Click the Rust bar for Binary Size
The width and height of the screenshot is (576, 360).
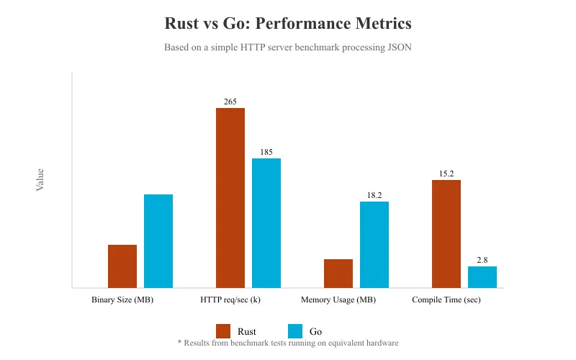[x=122, y=266]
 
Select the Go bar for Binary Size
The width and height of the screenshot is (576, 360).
[x=158, y=241]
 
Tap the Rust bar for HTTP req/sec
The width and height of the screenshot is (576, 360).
[x=230, y=198]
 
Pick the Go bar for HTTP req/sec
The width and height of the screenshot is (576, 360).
[x=266, y=223]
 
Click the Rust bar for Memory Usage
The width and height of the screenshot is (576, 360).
[x=338, y=274]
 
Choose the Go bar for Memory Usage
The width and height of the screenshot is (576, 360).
[x=374, y=245]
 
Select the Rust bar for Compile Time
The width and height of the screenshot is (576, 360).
[x=446, y=234]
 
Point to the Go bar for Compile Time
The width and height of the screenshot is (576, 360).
[x=482, y=277]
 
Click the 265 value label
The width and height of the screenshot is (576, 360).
[x=230, y=102]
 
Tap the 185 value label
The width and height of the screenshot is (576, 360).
[x=266, y=152]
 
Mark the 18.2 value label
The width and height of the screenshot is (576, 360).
[x=374, y=195]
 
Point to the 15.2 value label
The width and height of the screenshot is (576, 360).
[x=446, y=174]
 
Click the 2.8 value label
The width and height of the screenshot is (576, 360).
[x=482, y=260]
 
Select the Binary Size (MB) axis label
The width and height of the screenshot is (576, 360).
[x=122, y=300]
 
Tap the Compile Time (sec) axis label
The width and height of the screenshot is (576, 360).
[x=446, y=300]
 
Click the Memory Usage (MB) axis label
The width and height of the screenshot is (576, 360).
[x=338, y=300]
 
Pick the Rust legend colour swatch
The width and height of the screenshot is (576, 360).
[x=223, y=331]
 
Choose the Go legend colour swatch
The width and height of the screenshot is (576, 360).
[x=295, y=331]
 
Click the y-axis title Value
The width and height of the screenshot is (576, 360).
[x=40, y=179]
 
